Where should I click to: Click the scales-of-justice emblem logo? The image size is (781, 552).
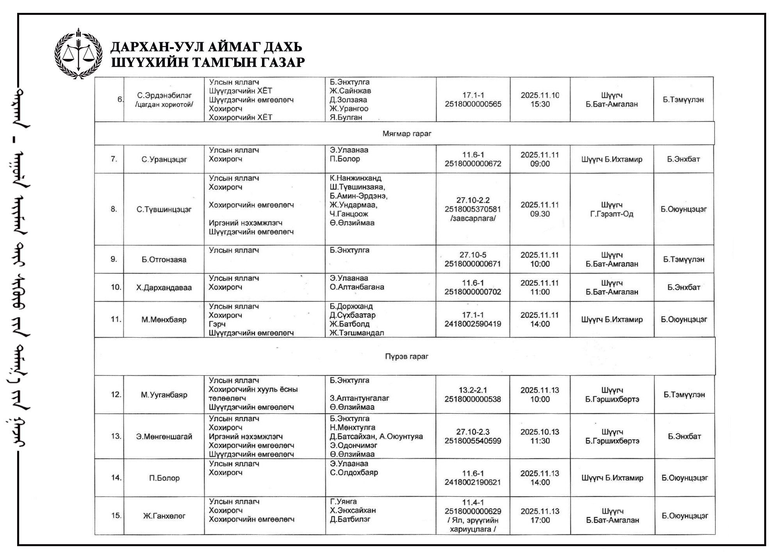pos(78,53)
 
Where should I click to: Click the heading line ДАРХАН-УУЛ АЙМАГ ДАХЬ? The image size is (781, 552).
pos(206,47)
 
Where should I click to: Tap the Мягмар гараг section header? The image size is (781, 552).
pos(407,134)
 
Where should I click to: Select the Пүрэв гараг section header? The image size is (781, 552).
pos(407,356)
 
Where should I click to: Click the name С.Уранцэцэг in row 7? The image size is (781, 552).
pos(164,159)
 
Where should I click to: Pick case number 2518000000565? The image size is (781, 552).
pos(473,104)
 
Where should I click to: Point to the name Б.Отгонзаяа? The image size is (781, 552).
pos(164,260)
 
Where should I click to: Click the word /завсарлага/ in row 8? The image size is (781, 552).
pos(473,218)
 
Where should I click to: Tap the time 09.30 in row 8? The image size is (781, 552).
pos(540,214)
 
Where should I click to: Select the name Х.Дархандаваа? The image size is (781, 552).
pos(164,288)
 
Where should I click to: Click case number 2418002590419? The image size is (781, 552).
pos(473,324)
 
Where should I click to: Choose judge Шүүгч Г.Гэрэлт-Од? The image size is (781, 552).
pos(612,210)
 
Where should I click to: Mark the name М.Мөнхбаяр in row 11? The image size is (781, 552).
pos(164,320)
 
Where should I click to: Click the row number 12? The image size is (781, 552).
pos(116,395)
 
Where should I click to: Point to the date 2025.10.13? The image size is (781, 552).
pos(540,432)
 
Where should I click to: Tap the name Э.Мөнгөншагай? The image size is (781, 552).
pos(164,437)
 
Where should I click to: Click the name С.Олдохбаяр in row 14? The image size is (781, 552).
pos(354,473)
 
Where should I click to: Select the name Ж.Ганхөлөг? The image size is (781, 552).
pos(164,516)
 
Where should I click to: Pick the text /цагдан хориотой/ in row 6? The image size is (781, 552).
pos(164,105)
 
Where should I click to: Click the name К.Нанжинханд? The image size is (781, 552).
pos(355,178)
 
